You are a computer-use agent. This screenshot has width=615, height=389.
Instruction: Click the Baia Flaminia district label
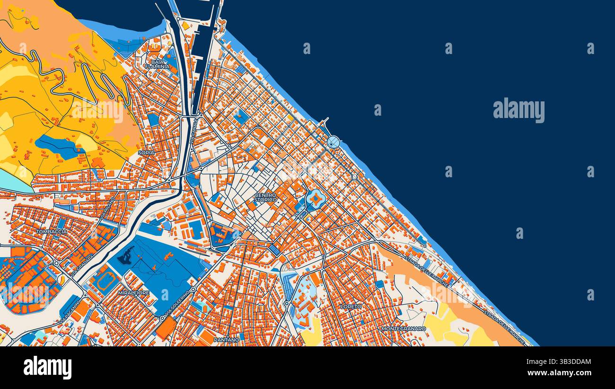(160, 64)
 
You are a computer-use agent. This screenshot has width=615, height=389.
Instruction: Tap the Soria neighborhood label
(146, 153)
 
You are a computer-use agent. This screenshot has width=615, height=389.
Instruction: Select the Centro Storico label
(265, 198)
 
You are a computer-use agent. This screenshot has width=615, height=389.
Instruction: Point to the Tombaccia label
(51, 232)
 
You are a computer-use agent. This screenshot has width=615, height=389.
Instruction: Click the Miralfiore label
(133, 293)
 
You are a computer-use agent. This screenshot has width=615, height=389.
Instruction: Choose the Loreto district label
(351, 307)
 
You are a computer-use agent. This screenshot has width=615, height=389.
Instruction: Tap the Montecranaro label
(404, 328)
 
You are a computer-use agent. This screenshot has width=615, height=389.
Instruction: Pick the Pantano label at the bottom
(226, 340)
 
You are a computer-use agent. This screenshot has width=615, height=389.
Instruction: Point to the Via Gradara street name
(82, 266)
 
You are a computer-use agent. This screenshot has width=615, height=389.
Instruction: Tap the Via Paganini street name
(70, 313)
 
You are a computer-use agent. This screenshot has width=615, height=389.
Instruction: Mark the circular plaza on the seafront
(333, 142)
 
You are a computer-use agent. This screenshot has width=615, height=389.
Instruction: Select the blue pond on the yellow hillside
(59, 146)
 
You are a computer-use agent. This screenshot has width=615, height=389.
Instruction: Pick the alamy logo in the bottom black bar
(47, 368)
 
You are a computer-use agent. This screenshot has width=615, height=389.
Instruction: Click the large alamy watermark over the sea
(518, 110)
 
